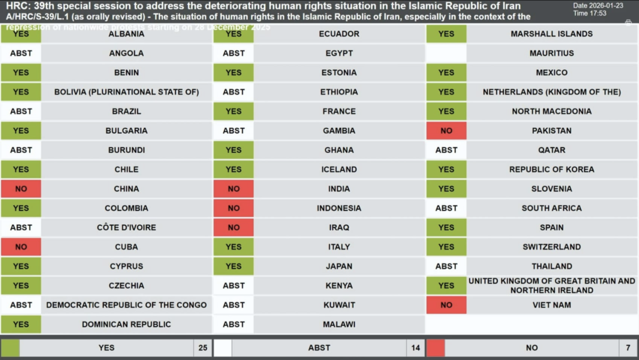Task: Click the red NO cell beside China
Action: click(x=21, y=189)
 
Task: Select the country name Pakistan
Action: click(x=552, y=130)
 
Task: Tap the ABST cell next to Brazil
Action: click(x=21, y=111)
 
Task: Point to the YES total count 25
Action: click(x=203, y=348)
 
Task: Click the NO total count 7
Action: click(x=628, y=348)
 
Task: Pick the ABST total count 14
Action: click(x=415, y=348)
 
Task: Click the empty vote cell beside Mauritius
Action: click(x=446, y=53)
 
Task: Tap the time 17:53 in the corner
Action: click(x=598, y=13)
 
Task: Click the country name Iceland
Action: click(x=339, y=169)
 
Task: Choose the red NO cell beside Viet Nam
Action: click(x=446, y=305)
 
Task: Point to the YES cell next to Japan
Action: click(x=234, y=266)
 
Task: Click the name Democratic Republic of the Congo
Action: click(x=126, y=305)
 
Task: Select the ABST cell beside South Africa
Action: click(x=446, y=208)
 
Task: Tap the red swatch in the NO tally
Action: click(x=435, y=348)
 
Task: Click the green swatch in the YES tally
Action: click(x=10, y=348)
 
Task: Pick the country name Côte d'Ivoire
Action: click(x=126, y=227)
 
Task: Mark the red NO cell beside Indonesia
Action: click(x=234, y=208)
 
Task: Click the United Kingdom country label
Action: click(x=552, y=285)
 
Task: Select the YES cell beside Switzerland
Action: click(x=446, y=247)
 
